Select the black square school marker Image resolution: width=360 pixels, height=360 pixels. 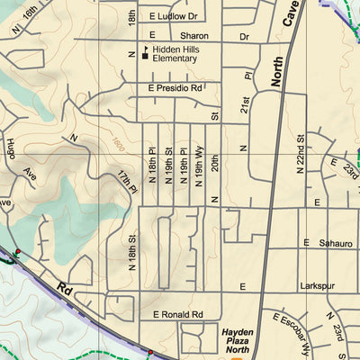coord(143,57)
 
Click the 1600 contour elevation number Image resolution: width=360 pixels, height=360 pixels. coord(120,142)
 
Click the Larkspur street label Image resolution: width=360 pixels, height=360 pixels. coord(317,285)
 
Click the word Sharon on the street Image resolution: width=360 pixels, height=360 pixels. coord(184,37)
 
